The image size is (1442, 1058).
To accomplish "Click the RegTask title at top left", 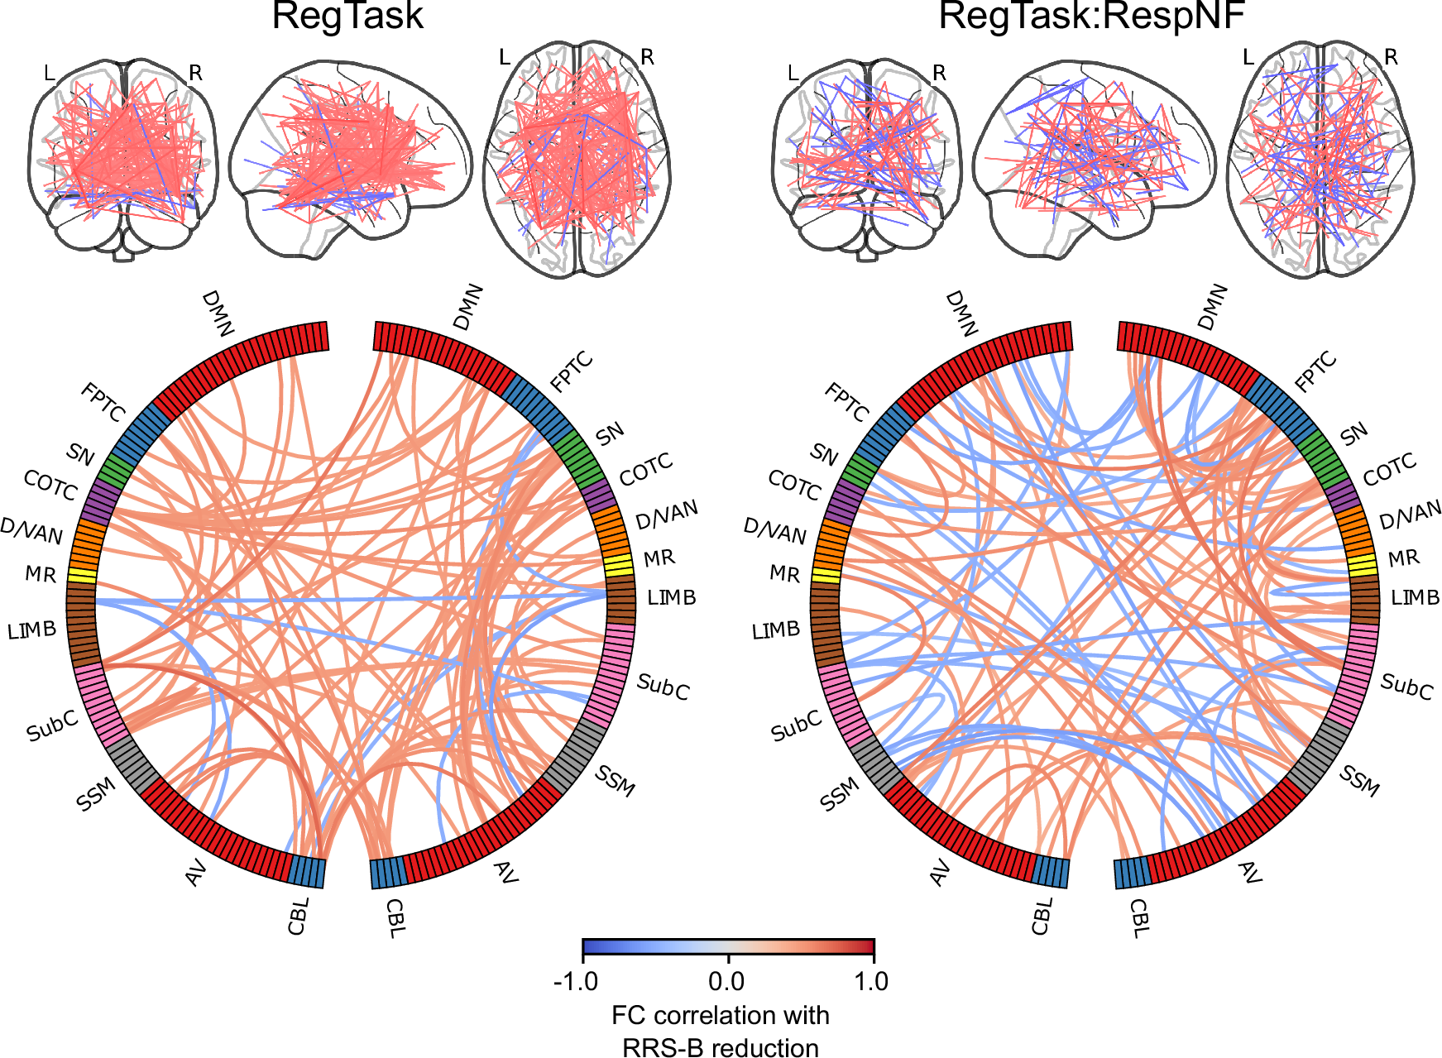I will coord(347,17).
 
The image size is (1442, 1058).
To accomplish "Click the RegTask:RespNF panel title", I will coord(1091,17).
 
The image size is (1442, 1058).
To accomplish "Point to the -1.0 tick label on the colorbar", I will coord(575,981).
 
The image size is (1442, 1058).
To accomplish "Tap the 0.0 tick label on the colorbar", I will coord(726,981).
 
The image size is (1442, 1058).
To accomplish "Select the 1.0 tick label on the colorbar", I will coord(870,981).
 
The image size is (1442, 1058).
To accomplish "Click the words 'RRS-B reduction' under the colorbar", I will coord(720,1047).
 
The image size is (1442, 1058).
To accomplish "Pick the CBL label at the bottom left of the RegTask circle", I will coord(299,916).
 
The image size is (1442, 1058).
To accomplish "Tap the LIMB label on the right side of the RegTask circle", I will coord(671,597).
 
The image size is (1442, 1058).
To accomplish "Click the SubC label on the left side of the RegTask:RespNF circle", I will coord(796,726).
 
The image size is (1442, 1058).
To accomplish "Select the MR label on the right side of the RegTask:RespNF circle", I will coord(1403,558).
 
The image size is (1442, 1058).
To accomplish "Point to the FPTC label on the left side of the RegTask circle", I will coord(104,402).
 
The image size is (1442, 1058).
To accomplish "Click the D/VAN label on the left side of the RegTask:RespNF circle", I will coord(774,530).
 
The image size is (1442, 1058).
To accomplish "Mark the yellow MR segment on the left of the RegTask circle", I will coord(82,575).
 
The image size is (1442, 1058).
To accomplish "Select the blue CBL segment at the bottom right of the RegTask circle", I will coord(387,873).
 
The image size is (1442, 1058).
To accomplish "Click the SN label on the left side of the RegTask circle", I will coord(81,453).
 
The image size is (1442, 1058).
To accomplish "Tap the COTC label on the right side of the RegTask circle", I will coord(646,470).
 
